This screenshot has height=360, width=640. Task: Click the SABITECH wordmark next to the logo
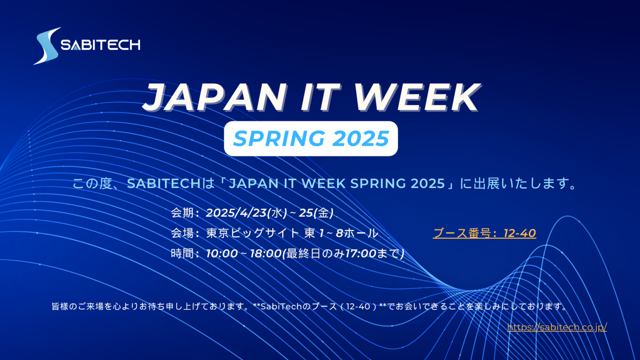click(x=100, y=45)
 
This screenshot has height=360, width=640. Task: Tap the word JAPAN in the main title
click(x=215, y=97)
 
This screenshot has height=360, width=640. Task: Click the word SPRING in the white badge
click(x=279, y=139)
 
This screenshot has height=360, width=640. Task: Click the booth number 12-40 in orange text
click(x=520, y=233)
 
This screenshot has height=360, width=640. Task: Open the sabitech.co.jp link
click(x=557, y=327)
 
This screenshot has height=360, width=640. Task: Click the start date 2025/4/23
click(x=236, y=213)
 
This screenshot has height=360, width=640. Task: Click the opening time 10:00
click(x=222, y=253)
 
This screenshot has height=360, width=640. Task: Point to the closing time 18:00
click(x=266, y=253)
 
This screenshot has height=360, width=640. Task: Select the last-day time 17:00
click(x=360, y=253)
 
